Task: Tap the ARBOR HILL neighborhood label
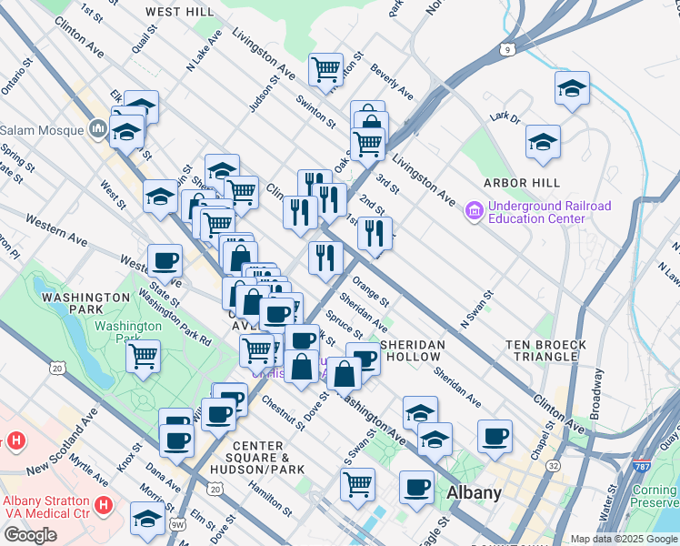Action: point(517,183)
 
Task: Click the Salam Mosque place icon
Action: point(97,131)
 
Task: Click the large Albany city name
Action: point(474,492)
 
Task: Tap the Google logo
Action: point(30,535)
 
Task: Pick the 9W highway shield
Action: point(179,522)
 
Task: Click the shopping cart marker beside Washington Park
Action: point(144,356)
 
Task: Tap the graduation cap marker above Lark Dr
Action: point(572,88)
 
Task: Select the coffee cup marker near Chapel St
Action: point(495,436)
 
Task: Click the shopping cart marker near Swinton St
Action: point(325,68)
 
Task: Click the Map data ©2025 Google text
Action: point(624,539)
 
